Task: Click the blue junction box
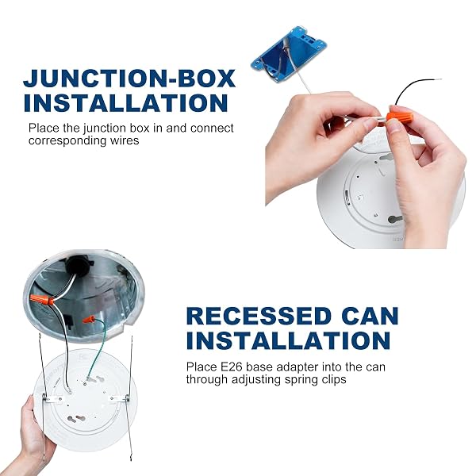(x=289, y=54)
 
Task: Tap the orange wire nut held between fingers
(x=400, y=117)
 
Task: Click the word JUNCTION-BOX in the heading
(x=129, y=79)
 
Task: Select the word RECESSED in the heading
(x=259, y=316)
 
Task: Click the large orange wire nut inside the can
(x=42, y=299)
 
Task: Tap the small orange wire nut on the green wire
(x=89, y=319)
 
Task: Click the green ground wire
(x=97, y=349)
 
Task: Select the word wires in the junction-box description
(x=125, y=140)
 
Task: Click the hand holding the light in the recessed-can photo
(x=35, y=437)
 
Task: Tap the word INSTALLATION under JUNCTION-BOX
(x=125, y=102)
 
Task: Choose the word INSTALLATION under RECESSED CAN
(x=288, y=340)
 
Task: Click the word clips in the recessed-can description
(x=334, y=379)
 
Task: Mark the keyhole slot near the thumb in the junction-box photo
(x=395, y=219)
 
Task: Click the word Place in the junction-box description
(x=44, y=128)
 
